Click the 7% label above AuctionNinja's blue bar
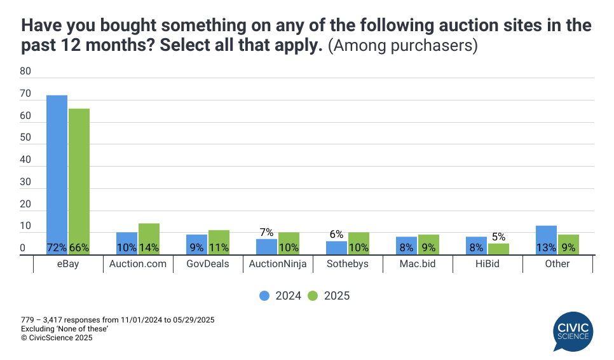tap(266, 233)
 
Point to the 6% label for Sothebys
tap(336, 235)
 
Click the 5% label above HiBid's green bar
tap(498, 237)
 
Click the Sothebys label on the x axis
tap(347, 264)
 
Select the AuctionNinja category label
tap(277, 264)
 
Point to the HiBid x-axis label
tap(487, 264)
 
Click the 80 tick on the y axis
tap(25, 72)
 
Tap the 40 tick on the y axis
tap(25, 160)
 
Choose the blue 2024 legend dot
tap(264, 296)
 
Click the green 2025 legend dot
tap(312, 296)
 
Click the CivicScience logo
tap(573, 331)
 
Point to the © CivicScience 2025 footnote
tap(57, 338)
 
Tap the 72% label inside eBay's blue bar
tap(57, 247)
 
